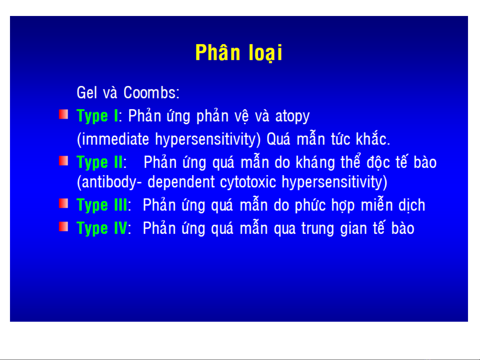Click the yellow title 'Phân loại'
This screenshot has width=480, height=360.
[x=239, y=53]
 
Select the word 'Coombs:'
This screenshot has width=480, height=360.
[x=151, y=93]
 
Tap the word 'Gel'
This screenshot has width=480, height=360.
[x=87, y=93]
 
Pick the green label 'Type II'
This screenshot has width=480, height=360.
[x=100, y=163]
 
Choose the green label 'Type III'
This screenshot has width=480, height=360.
[x=102, y=205]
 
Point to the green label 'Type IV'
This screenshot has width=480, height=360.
[x=102, y=228]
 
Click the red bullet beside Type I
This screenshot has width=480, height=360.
[x=63, y=114]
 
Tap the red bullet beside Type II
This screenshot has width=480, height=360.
[x=63, y=161]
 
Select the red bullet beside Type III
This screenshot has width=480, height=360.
[x=63, y=203]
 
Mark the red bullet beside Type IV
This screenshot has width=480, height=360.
[x=63, y=227]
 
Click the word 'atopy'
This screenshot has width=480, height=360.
[x=292, y=117]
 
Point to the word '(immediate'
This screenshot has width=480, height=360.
[x=113, y=139]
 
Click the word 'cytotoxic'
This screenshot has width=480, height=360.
[x=248, y=182]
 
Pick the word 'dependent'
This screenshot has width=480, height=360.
[x=181, y=182]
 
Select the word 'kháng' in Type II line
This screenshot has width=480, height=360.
[x=315, y=163]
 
